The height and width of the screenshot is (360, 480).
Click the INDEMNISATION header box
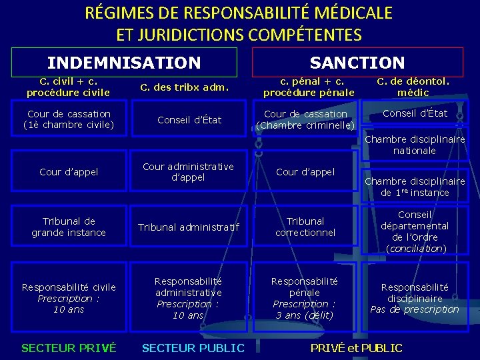(124, 63)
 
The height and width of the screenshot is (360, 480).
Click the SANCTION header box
(357, 63)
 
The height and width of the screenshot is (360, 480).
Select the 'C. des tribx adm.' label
(185, 87)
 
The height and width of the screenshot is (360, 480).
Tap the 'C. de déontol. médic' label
(413, 87)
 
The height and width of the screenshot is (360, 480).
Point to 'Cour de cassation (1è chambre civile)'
(68, 119)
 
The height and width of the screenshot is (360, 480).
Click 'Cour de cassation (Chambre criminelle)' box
(306, 119)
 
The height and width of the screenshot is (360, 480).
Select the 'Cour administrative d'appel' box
(188, 172)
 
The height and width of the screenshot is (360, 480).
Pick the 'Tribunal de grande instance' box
(69, 227)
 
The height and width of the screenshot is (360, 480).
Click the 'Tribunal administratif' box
(188, 227)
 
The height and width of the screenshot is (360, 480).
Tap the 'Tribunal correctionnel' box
(306, 227)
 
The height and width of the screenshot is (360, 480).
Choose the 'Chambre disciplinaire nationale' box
(415, 145)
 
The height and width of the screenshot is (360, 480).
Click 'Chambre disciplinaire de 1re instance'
(415, 187)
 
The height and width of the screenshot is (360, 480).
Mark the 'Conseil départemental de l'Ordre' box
(415, 231)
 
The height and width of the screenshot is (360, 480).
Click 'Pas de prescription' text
(415, 309)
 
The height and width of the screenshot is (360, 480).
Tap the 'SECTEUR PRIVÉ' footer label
(69, 348)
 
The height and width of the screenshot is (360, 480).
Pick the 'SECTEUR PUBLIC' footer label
(193, 348)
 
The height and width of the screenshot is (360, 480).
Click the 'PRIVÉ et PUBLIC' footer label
(357, 348)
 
